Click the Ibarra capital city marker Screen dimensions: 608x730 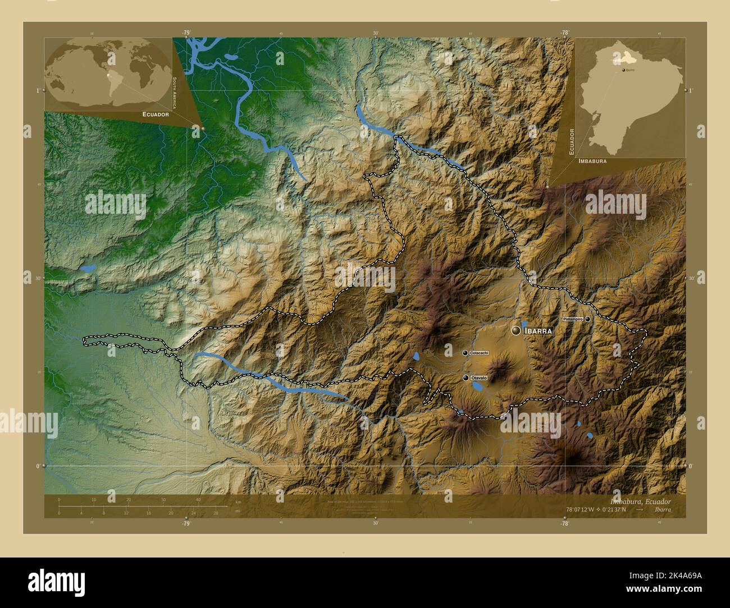tap(515, 331)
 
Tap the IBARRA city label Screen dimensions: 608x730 tap(538, 331)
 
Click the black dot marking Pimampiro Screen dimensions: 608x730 tap(587, 319)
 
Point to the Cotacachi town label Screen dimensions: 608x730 tap(479, 353)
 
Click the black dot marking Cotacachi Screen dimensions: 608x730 tap(465, 353)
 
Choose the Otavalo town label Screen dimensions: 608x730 tap(478, 378)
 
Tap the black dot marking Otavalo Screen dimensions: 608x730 tap(466, 378)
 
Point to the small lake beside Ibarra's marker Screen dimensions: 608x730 tap(524, 324)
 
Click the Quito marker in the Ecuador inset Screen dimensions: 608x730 tap(623, 70)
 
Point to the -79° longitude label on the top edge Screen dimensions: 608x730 tap(186, 33)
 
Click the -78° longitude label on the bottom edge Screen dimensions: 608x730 tap(564, 523)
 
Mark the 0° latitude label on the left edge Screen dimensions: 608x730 tap(38, 466)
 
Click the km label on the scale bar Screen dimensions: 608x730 tap(238, 501)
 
